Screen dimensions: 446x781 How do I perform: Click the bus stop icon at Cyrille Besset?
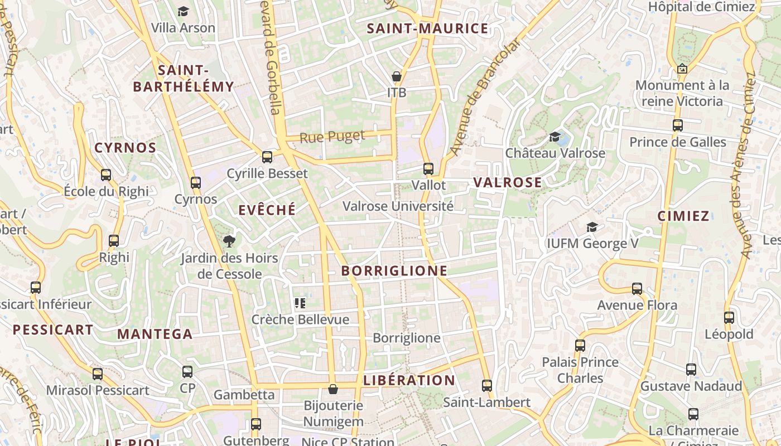[267, 157]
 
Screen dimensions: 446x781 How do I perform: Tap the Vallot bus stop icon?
[428, 168]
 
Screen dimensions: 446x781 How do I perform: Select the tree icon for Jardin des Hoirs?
[229, 241]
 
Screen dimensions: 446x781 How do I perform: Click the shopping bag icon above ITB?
[397, 76]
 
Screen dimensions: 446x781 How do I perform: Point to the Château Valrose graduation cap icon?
[555, 137]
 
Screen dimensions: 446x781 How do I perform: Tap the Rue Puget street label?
[332, 136]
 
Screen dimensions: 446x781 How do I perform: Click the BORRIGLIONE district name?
[394, 271]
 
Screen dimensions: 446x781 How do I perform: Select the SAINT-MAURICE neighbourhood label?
[427, 29]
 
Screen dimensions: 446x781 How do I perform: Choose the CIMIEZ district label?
[683, 216]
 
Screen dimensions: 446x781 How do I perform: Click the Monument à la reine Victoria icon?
[682, 69]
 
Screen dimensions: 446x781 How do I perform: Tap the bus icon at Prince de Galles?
[678, 125]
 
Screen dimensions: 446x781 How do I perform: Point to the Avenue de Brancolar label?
[485, 97]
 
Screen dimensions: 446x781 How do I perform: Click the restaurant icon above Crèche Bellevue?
[300, 303]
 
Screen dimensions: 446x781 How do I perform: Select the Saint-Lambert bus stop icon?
[487, 385]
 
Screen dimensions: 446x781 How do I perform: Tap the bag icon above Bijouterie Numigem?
[333, 389]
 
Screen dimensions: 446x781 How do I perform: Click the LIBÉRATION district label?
[409, 381]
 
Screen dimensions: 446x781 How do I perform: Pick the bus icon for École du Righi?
[106, 175]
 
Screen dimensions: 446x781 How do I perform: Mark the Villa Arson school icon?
[183, 11]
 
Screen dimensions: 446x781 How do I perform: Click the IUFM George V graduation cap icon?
[592, 227]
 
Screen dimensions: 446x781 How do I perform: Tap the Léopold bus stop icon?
[729, 318]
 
